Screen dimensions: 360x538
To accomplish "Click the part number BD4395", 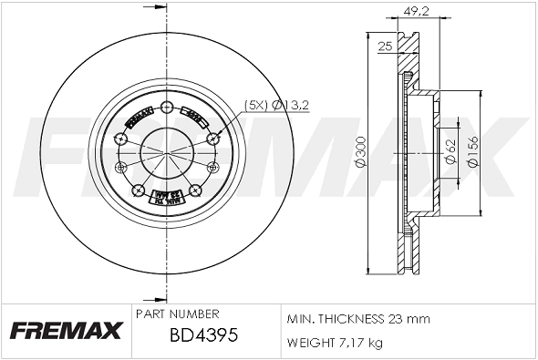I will coord(204,335).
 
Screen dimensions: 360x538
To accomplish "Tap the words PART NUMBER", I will coord(176,313).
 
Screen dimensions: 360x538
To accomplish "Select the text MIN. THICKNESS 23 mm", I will coord(357,319).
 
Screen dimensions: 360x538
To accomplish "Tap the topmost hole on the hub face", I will coord(166,108).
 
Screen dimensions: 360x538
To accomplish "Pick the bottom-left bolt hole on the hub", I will coord(138,190).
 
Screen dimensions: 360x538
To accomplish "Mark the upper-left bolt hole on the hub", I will coord(120,138).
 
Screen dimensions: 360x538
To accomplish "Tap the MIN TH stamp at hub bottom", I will coord(166,196).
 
